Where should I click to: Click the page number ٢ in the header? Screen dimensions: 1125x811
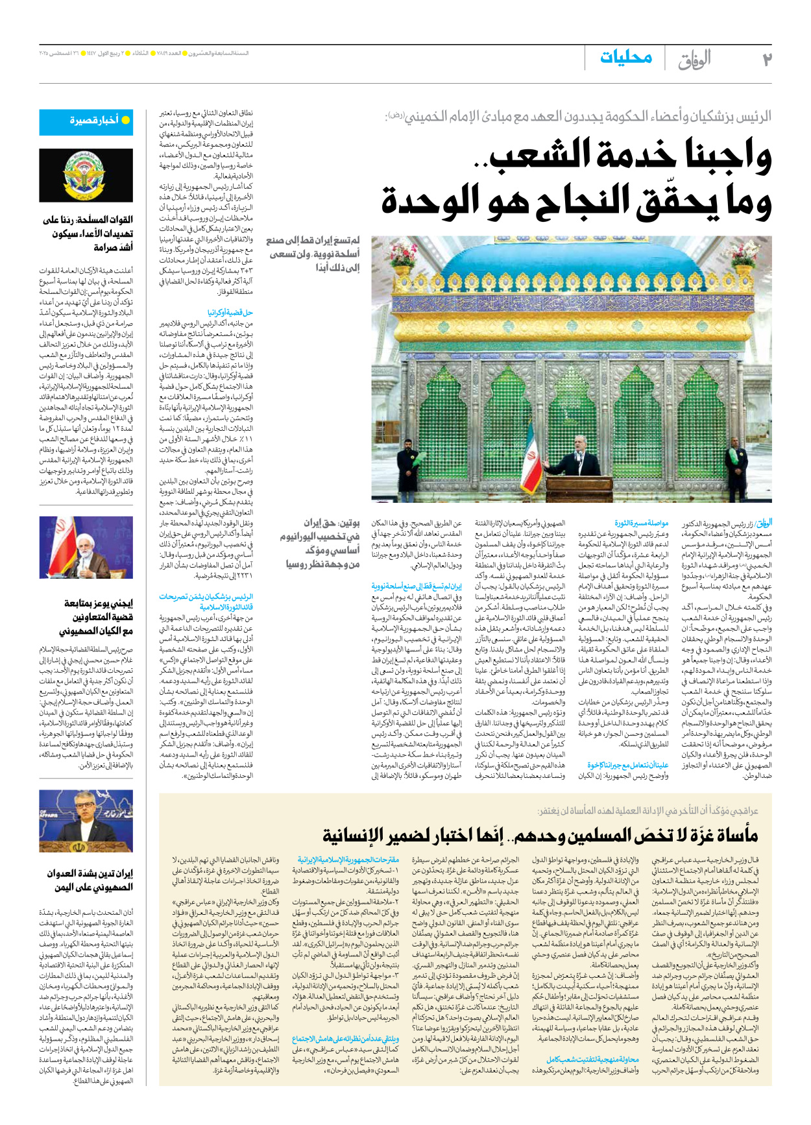point(767,60)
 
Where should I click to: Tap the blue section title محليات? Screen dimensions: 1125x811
point(625,58)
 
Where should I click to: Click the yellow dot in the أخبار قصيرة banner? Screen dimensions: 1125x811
point(126,120)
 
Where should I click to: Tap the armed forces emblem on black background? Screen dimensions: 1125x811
point(86,175)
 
